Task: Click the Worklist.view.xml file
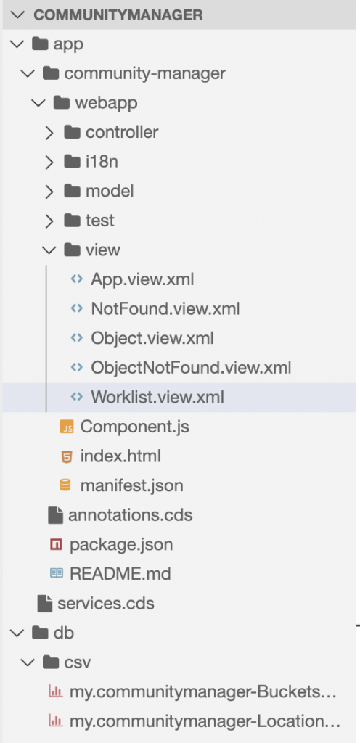tap(157, 397)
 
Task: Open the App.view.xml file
tap(142, 279)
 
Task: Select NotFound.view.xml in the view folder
tap(165, 309)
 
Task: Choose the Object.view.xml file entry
tap(152, 338)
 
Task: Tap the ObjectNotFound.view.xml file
tap(191, 368)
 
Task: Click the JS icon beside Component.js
tap(67, 427)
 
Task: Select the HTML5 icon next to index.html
tap(67, 457)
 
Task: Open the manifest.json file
tap(131, 485)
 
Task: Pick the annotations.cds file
tap(130, 515)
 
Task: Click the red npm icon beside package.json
tap(57, 545)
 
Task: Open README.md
tap(120, 574)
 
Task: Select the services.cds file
tap(106, 603)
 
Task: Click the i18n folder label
tap(102, 162)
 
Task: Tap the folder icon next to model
tap(72, 192)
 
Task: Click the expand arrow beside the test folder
tap(49, 221)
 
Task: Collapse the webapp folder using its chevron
tap(39, 103)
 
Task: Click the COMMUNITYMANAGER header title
tap(118, 15)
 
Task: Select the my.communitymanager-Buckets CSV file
tap(203, 691)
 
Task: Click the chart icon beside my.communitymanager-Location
tap(56, 721)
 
